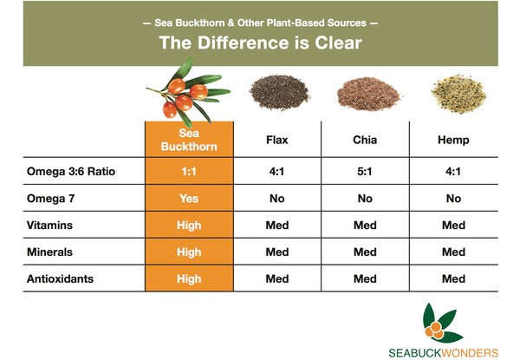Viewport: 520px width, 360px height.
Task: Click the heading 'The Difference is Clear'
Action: tap(260, 43)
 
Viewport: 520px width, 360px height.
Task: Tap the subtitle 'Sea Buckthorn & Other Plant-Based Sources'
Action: tap(260, 23)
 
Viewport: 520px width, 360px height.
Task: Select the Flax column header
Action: tap(277, 140)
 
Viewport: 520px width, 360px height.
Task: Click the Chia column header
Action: tap(365, 140)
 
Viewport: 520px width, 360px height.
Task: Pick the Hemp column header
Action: tap(453, 140)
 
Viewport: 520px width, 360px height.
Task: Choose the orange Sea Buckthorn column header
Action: tap(189, 140)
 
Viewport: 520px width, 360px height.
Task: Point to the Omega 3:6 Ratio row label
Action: tap(71, 171)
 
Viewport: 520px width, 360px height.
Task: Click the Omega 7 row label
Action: tap(51, 199)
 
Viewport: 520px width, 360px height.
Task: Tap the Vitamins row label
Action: tap(49, 226)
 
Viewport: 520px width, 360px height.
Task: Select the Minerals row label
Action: tap(49, 252)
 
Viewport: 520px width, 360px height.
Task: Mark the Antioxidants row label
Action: tap(60, 279)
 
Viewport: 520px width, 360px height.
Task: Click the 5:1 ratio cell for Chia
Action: tap(365, 172)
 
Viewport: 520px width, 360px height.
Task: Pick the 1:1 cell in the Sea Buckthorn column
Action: tap(189, 172)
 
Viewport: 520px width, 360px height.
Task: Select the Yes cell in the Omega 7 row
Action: tap(189, 199)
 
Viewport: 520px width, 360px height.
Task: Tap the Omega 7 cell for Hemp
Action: tap(453, 199)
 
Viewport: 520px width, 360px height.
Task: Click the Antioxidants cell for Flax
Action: tap(277, 279)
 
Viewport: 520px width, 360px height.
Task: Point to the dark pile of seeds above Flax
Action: tap(280, 92)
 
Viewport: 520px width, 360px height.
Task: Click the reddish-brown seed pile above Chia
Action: tap(367, 94)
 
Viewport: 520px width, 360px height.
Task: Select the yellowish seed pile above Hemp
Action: tap(459, 94)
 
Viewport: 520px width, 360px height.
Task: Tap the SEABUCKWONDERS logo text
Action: tap(444, 353)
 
